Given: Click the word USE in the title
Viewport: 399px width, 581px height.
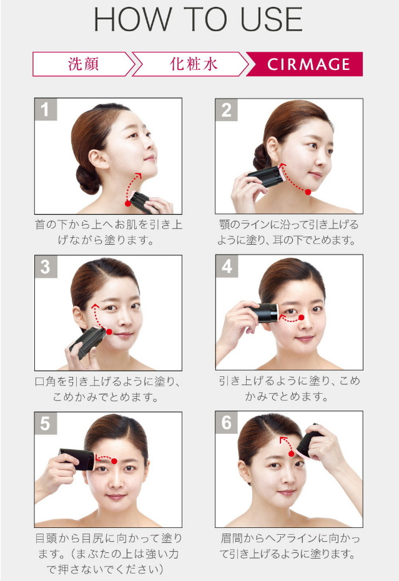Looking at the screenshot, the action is (272, 19).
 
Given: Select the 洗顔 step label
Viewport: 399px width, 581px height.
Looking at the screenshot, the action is (84, 64).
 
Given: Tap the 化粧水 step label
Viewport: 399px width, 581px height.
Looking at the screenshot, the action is (194, 64).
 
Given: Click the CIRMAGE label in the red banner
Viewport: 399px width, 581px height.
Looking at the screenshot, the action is (308, 64).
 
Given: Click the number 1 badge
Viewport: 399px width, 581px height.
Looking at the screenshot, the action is (46, 109).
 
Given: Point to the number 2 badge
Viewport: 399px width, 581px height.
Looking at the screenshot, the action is (227, 110).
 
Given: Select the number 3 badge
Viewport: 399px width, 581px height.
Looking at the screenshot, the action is (46, 266).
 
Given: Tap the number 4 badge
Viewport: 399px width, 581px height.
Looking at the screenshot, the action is (227, 266).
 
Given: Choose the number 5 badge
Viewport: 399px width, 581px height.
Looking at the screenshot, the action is (46, 423).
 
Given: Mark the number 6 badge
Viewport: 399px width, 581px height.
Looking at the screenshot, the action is (227, 422).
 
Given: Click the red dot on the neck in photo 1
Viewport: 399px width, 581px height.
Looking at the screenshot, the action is (128, 203).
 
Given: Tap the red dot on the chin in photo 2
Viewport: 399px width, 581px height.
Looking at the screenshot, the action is (308, 192).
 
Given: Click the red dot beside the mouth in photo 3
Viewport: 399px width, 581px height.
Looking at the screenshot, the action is (109, 331).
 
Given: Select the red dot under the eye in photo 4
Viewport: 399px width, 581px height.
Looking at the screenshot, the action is (301, 317).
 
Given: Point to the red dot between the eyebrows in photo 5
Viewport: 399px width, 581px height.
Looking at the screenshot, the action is (114, 461).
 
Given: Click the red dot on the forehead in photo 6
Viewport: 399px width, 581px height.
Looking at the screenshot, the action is (292, 454).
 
